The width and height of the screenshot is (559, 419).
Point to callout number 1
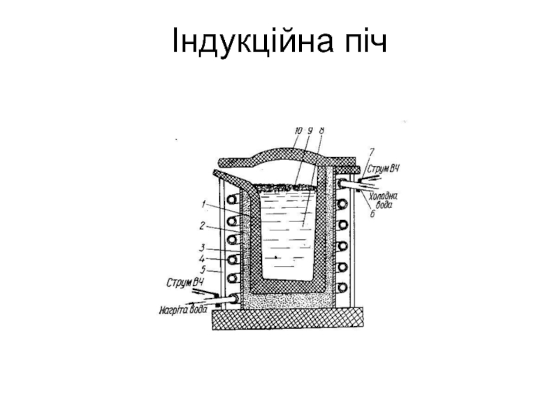[203, 205]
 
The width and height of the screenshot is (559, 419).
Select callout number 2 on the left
[203, 226]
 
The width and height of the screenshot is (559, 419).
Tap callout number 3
[203, 247]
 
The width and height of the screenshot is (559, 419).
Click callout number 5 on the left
[203, 269]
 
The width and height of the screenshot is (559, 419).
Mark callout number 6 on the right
[372, 214]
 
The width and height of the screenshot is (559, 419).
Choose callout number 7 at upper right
[372, 150]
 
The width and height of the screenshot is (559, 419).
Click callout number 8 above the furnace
[321, 130]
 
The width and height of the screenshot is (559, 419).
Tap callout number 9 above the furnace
[310, 130]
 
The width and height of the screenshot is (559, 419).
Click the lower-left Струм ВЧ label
[186, 283]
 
